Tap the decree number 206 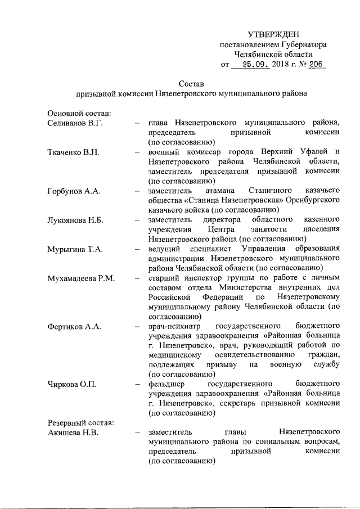(x=316, y=65)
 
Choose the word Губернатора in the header (x=301, y=44)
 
